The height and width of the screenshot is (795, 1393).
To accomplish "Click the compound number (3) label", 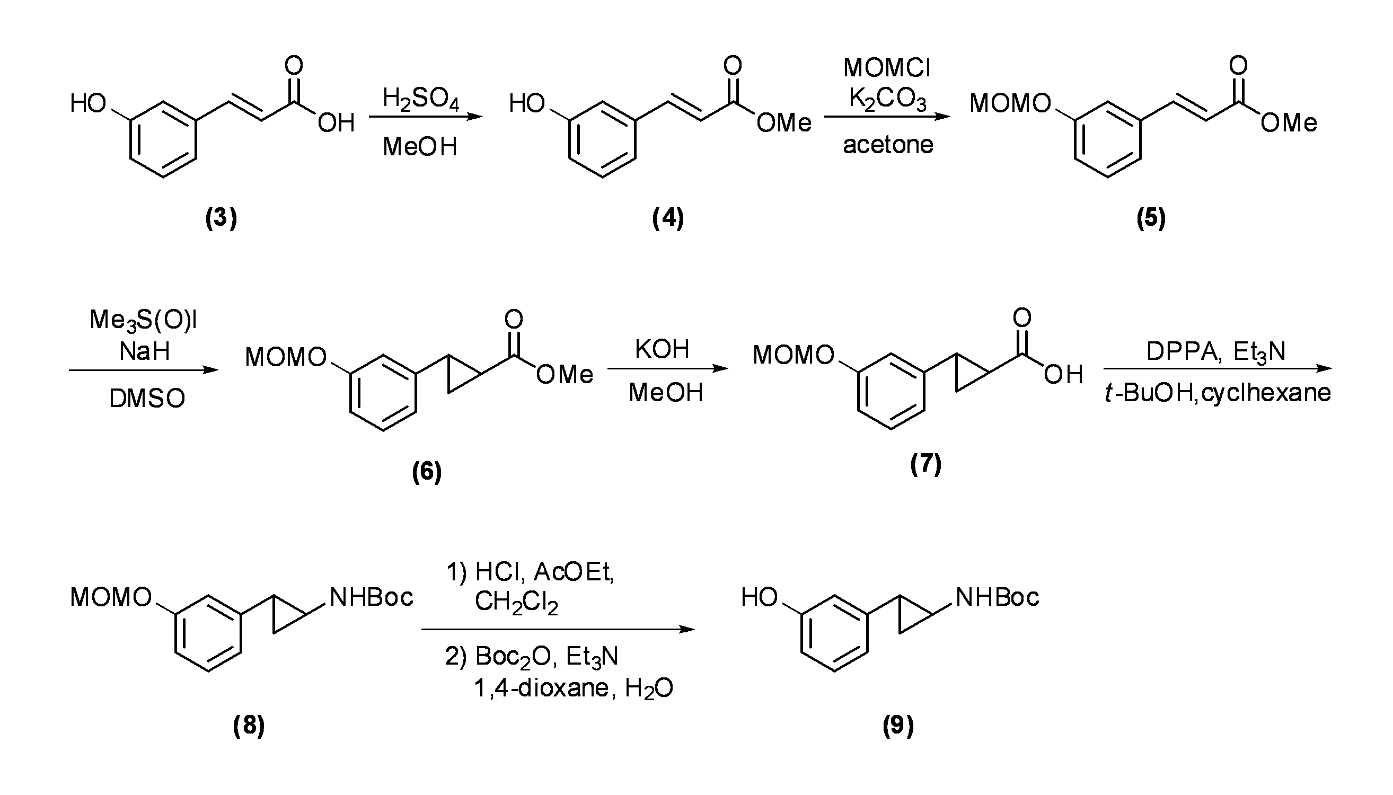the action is click(x=221, y=218).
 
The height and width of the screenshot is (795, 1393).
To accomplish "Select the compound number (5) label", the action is click(x=1151, y=218).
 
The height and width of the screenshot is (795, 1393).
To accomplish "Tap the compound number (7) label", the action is click(x=925, y=464).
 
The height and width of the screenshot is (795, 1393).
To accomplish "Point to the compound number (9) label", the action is click(x=898, y=726).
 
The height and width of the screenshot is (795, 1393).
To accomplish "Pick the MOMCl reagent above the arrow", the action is click(x=887, y=68).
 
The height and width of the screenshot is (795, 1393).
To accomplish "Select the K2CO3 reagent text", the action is click(x=887, y=100).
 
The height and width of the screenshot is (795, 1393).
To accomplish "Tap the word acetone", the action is click(x=888, y=145).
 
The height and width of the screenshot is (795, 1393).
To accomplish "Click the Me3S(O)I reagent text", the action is click(x=143, y=321).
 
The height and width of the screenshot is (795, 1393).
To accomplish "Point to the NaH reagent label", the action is click(x=145, y=350).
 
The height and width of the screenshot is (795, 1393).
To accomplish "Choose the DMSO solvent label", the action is click(x=147, y=399).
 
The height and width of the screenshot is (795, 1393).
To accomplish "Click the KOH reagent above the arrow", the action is click(x=662, y=349).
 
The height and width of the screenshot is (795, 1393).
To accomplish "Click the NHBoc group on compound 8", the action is click(x=372, y=597).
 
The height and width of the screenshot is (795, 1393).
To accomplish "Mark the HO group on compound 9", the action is click(x=759, y=597).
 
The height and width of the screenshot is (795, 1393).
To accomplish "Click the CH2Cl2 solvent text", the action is click(x=516, y=602).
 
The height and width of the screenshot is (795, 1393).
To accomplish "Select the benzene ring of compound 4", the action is click(x=602, y=139).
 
